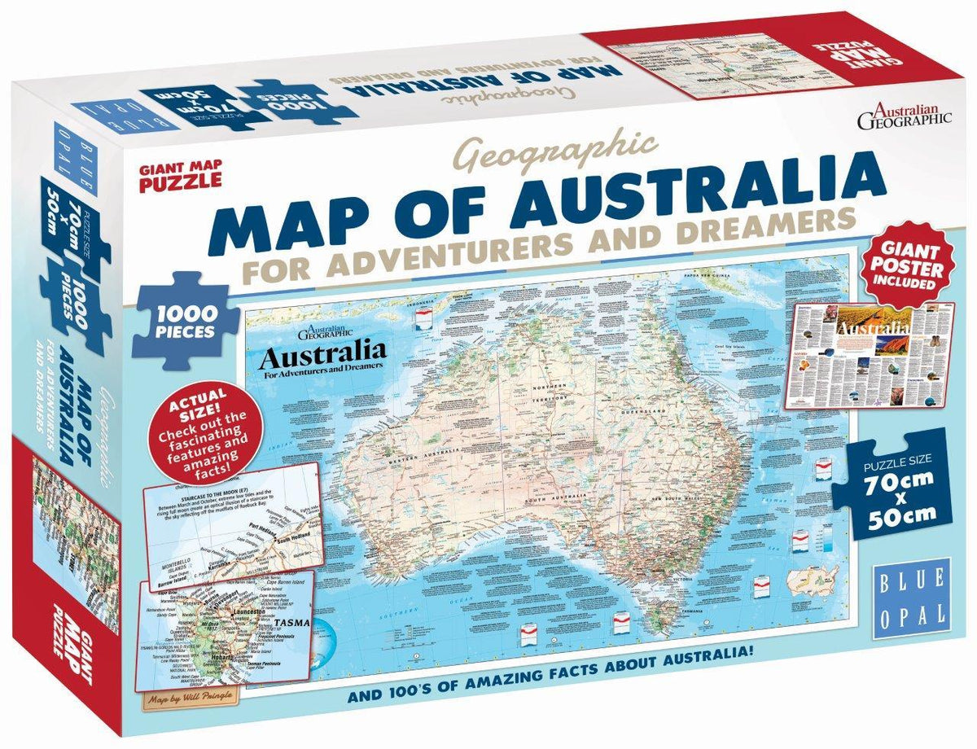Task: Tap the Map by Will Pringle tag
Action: pyautogui.click(x=183, y=698)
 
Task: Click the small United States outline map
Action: pyautogui.click(x=813, y=578)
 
